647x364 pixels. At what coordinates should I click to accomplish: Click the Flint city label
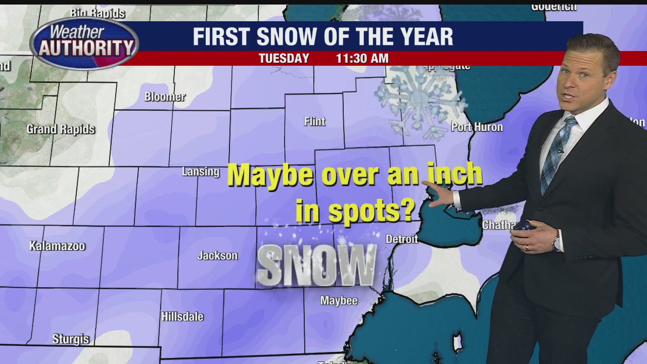pos(314,122)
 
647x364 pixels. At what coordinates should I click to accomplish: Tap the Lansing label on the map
pos(201,172)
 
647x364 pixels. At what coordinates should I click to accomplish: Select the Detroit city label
pos(402,239)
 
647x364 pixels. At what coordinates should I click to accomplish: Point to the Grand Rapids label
pos(61,129)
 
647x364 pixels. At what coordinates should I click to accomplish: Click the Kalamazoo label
pos(57,246)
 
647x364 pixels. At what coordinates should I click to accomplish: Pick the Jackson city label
pos(217,256)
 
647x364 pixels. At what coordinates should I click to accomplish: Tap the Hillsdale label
pos(182,317)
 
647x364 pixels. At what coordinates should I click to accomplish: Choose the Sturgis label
pos(71,339)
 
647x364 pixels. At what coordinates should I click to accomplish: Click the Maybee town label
pos(339,301)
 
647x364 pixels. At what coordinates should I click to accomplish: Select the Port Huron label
pos(477,127)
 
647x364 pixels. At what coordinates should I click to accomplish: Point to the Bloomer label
pos(165,97)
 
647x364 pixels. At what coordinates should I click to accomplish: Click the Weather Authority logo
pos(84,44)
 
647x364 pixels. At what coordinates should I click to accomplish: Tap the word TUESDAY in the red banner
pos(284,58)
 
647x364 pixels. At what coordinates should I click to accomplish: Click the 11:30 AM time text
pos(362,58)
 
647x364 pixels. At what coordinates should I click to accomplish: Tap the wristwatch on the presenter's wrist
pos(557,242)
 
